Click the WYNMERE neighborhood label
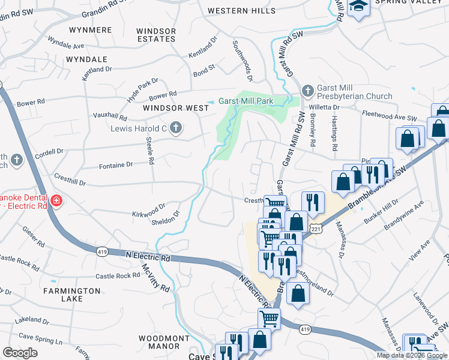pyautogui.click(x=91, y=29)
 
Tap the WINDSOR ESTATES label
pyautogui.click(x=156, y=35)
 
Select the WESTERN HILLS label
pyautogui.click(x=237, y=11)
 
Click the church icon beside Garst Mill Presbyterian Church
pyautogui.click(x=307, y=91)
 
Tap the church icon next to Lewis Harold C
pyautogui.click(x=175, y=127)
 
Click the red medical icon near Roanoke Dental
pyautogui.click(x=56, y=200)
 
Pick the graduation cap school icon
pyautogui.click(x=359, y=7)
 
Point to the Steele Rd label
pyautogui.click(x=150, y=151)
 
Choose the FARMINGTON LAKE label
pyautogui.click(x=71, y=295)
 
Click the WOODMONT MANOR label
pyautogui.click(x=160, y=342)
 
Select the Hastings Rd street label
pyautogui.click(x=333, y=133)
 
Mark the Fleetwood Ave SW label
pyautogui.click(x=390, y=115)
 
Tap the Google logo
pyautogui.click(x=20, y=353)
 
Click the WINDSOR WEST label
pyautogui.click(x=176, y=108)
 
